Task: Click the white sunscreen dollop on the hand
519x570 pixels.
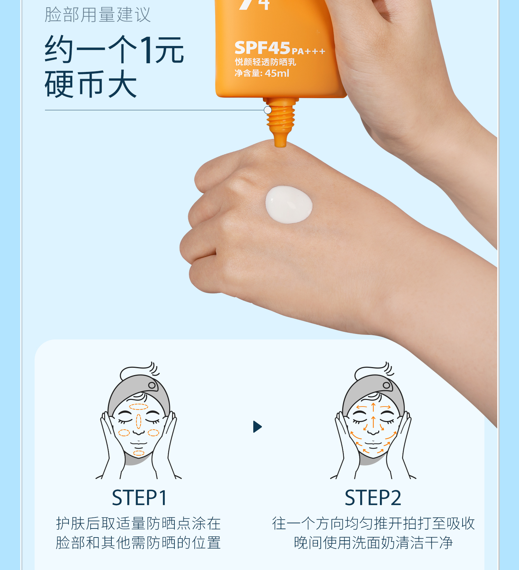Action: coord(289,204)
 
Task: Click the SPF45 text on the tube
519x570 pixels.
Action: coord(262,48)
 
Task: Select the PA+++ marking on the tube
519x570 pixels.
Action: coord(308,52)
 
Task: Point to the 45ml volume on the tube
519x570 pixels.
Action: coord(277,73)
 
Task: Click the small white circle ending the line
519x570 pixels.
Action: coord(268,110)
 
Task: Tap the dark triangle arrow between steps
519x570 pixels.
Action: coord(257,427)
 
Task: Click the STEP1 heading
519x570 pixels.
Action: coord(139,498)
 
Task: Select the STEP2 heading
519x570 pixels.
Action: coord(373,498)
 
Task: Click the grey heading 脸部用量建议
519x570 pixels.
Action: coord(98,15)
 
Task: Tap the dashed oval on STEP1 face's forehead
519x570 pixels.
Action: coord(139,407)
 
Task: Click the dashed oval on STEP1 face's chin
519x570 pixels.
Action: coord(139,453)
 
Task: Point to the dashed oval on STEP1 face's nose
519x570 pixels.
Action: coord(139,421)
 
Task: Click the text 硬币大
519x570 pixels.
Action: coord(91,84)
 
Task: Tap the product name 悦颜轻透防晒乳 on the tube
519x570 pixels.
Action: coord(265,62)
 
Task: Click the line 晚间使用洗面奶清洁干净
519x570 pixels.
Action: coord(373,543)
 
